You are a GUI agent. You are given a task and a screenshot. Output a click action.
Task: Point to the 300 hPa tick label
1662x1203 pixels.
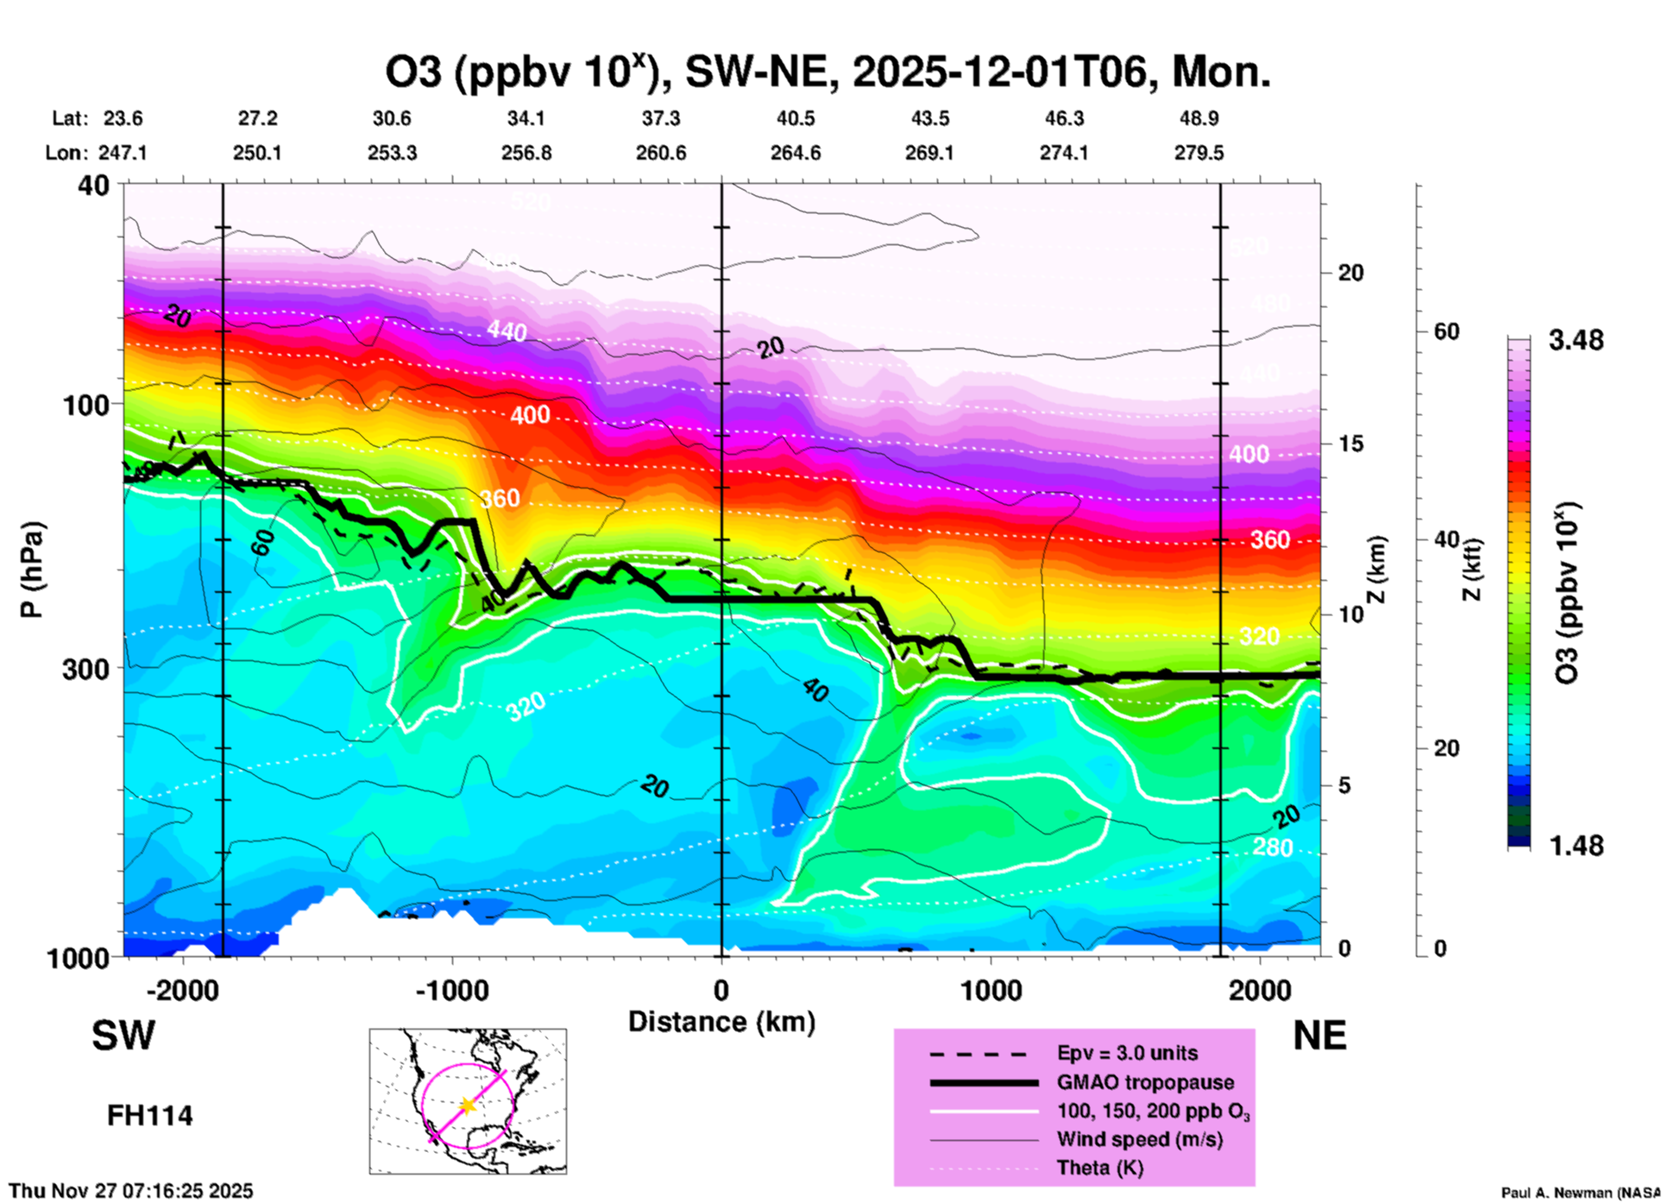[86, 669]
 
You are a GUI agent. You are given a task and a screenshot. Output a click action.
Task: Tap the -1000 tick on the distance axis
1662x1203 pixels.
[452, 990]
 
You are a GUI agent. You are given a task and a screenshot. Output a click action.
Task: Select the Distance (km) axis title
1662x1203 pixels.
[721, 1022]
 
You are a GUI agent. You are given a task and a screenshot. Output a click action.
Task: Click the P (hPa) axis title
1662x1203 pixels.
[32, 570]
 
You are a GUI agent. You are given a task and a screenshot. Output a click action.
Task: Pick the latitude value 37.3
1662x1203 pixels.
[661, 118]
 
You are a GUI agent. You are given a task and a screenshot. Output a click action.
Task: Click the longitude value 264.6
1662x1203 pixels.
[796, 153]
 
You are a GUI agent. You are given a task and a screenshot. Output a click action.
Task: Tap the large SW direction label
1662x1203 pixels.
[123, 1036]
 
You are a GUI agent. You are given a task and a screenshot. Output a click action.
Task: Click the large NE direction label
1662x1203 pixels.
[1319, 1036]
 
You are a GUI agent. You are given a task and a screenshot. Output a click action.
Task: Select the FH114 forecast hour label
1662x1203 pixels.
[149, 1116]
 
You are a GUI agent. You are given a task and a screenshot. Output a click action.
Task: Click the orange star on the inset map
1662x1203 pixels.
[468, 1105]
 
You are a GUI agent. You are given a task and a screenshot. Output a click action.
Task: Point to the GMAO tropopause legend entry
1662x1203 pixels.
[1145, 1082]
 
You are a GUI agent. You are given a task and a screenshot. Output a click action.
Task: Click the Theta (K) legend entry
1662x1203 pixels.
[1099, 1168]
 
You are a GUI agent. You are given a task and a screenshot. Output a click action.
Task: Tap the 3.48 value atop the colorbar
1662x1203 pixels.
[1576, 341]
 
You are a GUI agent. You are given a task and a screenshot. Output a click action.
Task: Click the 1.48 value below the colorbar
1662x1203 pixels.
[1576, 846]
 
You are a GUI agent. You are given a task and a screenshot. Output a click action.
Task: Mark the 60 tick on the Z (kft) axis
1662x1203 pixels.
[1446, 331]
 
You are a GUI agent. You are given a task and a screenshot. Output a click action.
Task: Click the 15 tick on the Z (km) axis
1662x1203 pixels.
[1350, 444]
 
